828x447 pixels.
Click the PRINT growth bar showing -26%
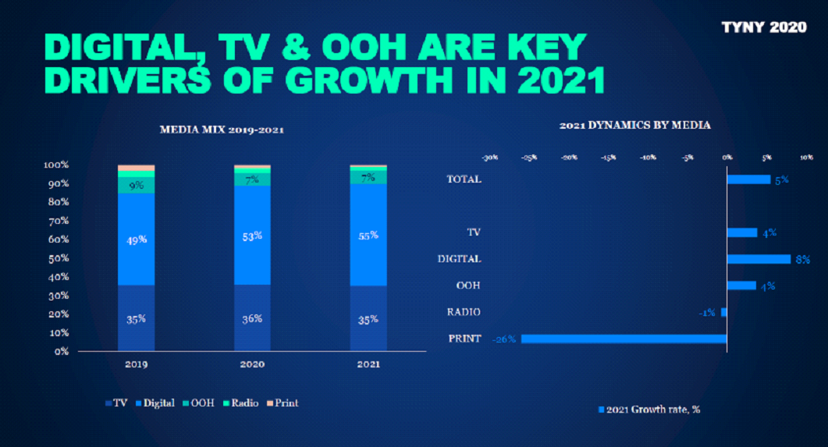tap(624, 339)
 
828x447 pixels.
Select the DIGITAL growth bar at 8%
tap(759, 259)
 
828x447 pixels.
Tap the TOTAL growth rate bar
tap(748, 179)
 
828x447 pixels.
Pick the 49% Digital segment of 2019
tap(136, 239)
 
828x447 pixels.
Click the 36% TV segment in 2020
tap(252, 318)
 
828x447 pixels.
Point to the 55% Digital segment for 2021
tap(368, 235)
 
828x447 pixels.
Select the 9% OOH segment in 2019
tap(136, 186)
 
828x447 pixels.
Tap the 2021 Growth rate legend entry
tap(649, 410)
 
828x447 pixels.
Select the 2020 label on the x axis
tap(252, 364)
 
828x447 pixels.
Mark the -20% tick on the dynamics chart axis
tap(569, 157)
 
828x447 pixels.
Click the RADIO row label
tap(464, 312)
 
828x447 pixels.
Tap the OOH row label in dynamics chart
tap(467, 286)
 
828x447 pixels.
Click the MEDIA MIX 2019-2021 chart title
tap(221, 129)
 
